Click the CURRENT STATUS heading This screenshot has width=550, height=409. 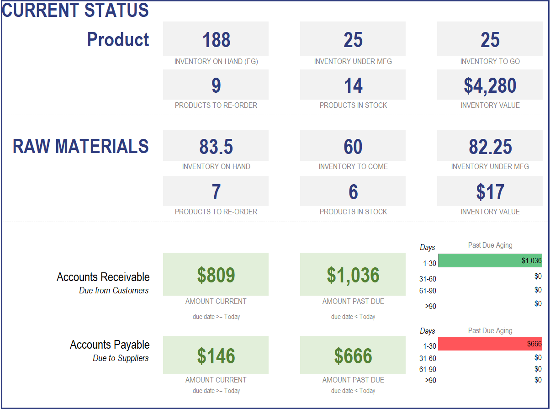click(x=75, y=10)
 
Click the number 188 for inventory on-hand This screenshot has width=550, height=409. click(x=216, y=40)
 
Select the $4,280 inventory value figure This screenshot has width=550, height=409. click(x=490, y=85)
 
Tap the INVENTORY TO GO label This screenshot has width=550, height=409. click(x=490, y=61)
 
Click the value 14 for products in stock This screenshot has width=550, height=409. click(x=353, y=85)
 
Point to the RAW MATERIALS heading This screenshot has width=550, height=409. click(x=80, y=146)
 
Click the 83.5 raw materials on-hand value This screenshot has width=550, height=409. click(x=216, y=146)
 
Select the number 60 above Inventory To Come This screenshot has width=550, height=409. click(x=353, y=146)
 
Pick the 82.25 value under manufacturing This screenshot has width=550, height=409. click(x=490, y=146)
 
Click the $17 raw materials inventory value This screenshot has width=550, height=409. click(x=490, y=192)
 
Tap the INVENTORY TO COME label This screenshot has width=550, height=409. click(x=353, y=166)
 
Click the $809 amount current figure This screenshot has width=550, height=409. click(x=216, y=275)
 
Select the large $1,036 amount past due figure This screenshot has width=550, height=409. click(x=353, y=275)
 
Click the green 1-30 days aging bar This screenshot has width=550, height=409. click(x=490, y=260)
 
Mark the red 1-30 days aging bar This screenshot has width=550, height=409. click(x=490, y=344)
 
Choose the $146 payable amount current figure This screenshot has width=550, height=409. click(x=216, y=356)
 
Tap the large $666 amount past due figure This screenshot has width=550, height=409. click(x=353, y=356)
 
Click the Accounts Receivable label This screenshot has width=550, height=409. click(x=103, y=277)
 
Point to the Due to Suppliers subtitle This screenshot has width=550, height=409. click(x=121, y=358)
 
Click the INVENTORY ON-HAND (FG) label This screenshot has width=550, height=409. click(x=216, y=61)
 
